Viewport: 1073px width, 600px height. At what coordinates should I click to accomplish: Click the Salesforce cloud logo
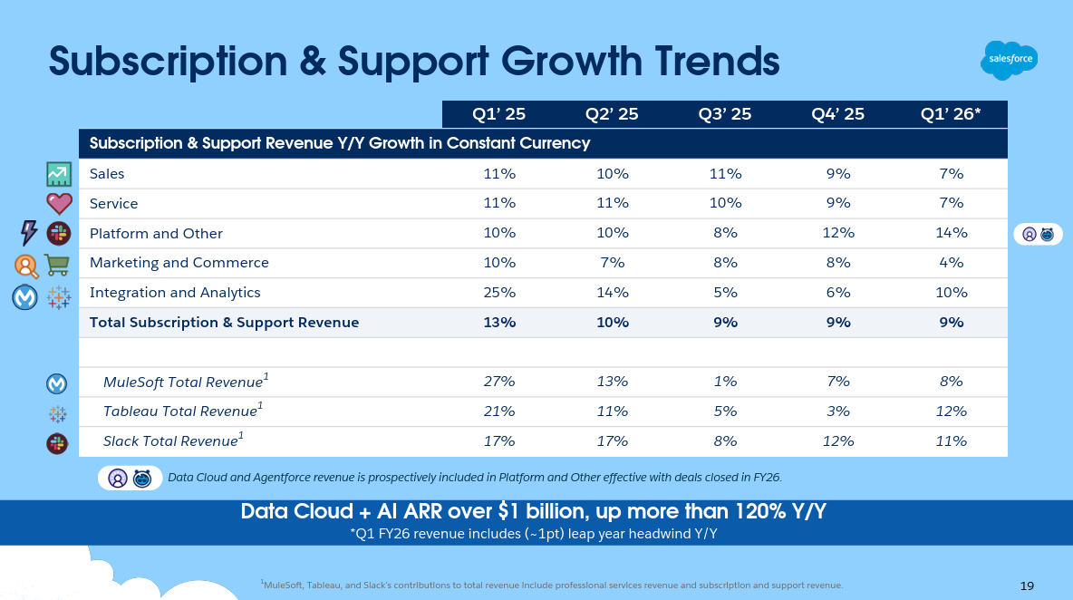point(1009,61)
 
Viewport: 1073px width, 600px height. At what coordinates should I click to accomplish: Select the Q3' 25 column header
point(725,113)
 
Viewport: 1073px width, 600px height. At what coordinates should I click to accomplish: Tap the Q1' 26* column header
point(952,113)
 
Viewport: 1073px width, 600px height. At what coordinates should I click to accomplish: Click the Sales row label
point(107,173)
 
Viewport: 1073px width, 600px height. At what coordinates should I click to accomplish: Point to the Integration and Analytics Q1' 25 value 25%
point(499,292)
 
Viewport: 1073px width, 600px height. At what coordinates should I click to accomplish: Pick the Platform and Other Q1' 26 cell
point(952,233)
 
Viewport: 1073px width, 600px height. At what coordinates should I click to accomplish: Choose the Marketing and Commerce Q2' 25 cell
point(612,262)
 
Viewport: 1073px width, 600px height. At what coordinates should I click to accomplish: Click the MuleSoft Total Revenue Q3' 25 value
point(725,382)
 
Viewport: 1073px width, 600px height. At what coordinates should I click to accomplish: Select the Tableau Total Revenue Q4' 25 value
point(838,411)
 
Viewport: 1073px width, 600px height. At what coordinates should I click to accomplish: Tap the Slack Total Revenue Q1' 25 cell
point(499,441)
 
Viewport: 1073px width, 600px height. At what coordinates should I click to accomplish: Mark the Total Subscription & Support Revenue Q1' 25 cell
point(499,322)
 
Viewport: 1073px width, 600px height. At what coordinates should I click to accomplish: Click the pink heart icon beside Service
point(59,203)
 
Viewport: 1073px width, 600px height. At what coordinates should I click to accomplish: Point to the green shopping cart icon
point(57,264)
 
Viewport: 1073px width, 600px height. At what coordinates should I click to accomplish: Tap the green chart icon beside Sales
point(59,174)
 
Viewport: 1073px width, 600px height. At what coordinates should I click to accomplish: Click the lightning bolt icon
point(29,233)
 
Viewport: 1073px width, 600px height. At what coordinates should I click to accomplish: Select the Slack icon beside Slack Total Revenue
point(57,443)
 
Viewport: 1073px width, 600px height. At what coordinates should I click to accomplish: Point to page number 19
point(1027,586)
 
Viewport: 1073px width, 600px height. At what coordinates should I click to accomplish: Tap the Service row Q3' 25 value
point(725,203)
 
